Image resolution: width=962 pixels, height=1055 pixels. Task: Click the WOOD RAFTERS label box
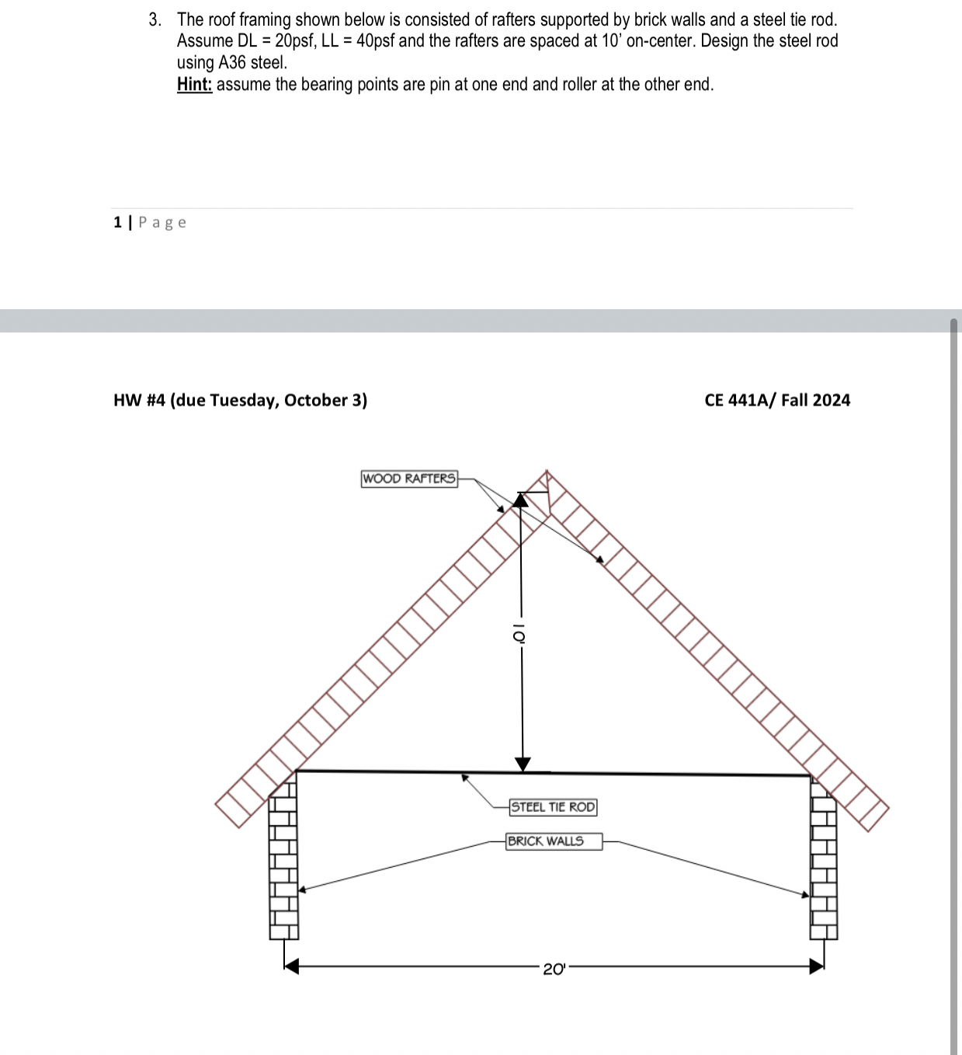click(x=409, y=479)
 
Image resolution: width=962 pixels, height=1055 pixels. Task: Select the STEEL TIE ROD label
click(x=553, y=807)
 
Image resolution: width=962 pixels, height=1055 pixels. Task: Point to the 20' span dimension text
click(x=554, y=969)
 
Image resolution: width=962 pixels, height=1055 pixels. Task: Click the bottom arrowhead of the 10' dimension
click(x=523, y=764)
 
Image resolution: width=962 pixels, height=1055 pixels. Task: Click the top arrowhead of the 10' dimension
click(x=522, y=500)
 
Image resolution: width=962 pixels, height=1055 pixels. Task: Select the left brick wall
click(x=283, y=862)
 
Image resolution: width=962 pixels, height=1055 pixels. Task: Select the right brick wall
click(x=824, y=862)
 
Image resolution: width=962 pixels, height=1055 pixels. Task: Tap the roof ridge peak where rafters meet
click(x=547, y=474)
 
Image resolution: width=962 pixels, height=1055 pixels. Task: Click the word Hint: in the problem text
click(x=194, y=85)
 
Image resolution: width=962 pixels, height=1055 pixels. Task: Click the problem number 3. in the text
click(x=155, y=19)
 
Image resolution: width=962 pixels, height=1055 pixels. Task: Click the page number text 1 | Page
click(x=150, y=223)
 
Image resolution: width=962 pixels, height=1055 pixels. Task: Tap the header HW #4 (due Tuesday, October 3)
click(x=240, y=400)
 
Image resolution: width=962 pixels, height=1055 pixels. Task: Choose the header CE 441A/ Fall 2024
click(x=776, y=400)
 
